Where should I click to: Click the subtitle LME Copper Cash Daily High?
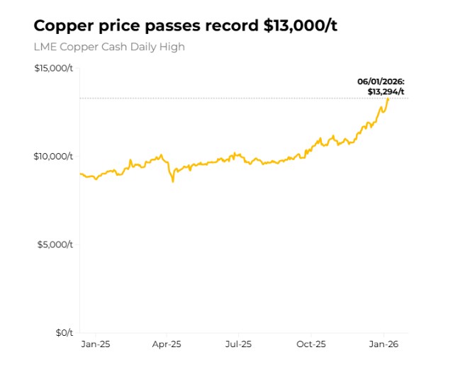click(x=109, y=47)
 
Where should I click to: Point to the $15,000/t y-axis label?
click(x=53, y=68)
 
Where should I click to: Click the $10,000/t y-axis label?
click(x=53, y=157)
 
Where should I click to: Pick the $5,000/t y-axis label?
click(x=56, y=244)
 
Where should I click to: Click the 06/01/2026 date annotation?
click(x=381, y=82)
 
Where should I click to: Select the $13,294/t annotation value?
click(x=386, y=91)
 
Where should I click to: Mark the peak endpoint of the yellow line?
click(x=388, y=98)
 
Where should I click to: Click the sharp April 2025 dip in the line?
click(x=172, y=181)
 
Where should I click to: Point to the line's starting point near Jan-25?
click(x=80, y=174)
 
